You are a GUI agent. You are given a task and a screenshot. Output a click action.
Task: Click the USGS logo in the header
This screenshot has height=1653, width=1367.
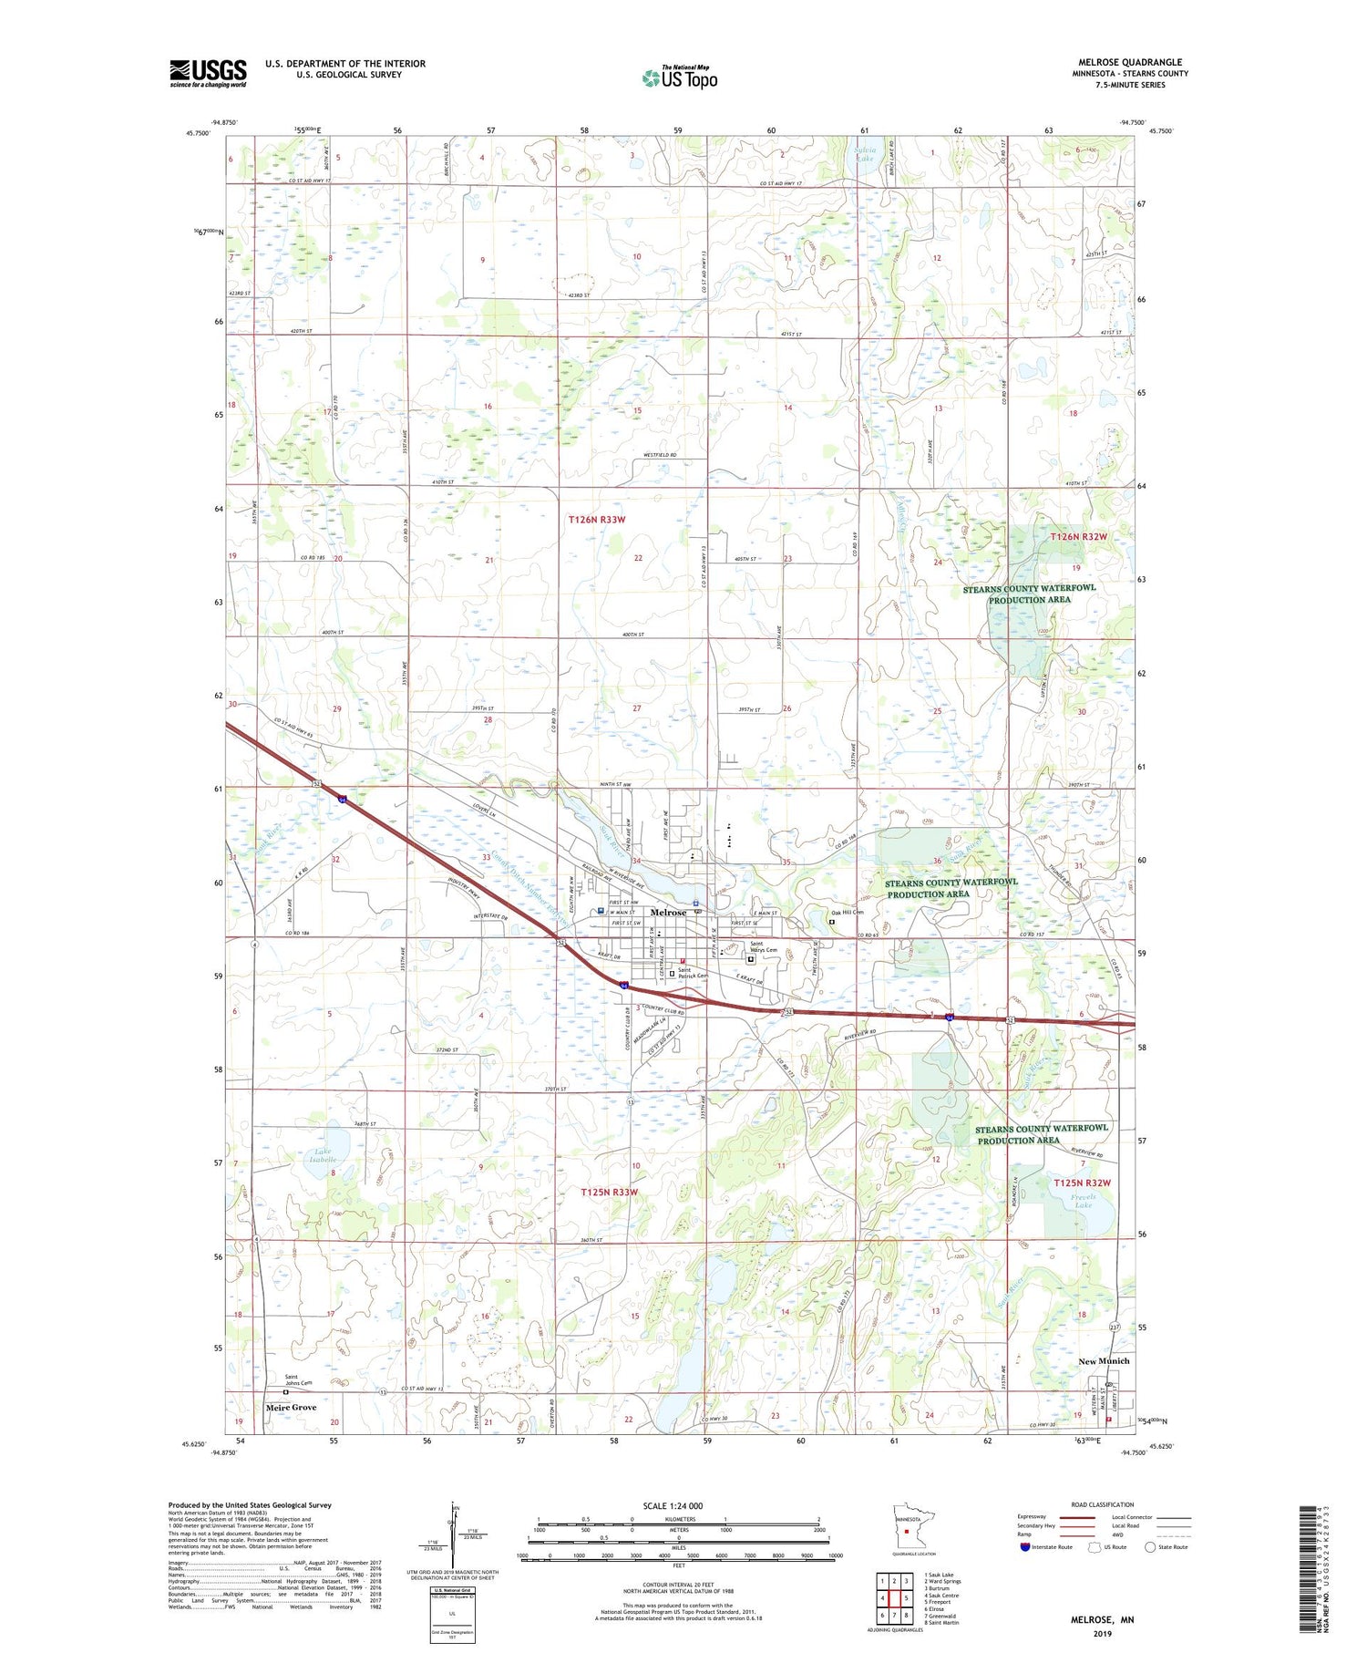208,73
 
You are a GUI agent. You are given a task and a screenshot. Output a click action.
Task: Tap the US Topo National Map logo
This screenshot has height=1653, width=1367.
679,77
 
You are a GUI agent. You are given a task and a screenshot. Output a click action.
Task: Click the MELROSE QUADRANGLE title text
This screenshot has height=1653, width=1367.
1130,62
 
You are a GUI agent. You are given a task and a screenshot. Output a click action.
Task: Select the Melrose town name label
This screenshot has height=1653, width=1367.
669,912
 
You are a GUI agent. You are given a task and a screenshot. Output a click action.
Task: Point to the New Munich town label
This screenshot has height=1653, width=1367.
1104,1360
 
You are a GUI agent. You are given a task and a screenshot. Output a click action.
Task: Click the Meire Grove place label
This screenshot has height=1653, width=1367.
291,1407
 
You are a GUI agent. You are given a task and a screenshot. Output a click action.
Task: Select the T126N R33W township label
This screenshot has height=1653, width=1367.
597,519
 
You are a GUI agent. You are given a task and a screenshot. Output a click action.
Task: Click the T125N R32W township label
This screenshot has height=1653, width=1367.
1082,1183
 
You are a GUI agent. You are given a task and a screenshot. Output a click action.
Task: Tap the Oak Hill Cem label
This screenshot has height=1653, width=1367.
847,912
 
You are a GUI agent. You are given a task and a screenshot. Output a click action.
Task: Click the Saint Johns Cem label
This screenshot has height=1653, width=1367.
298,1380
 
